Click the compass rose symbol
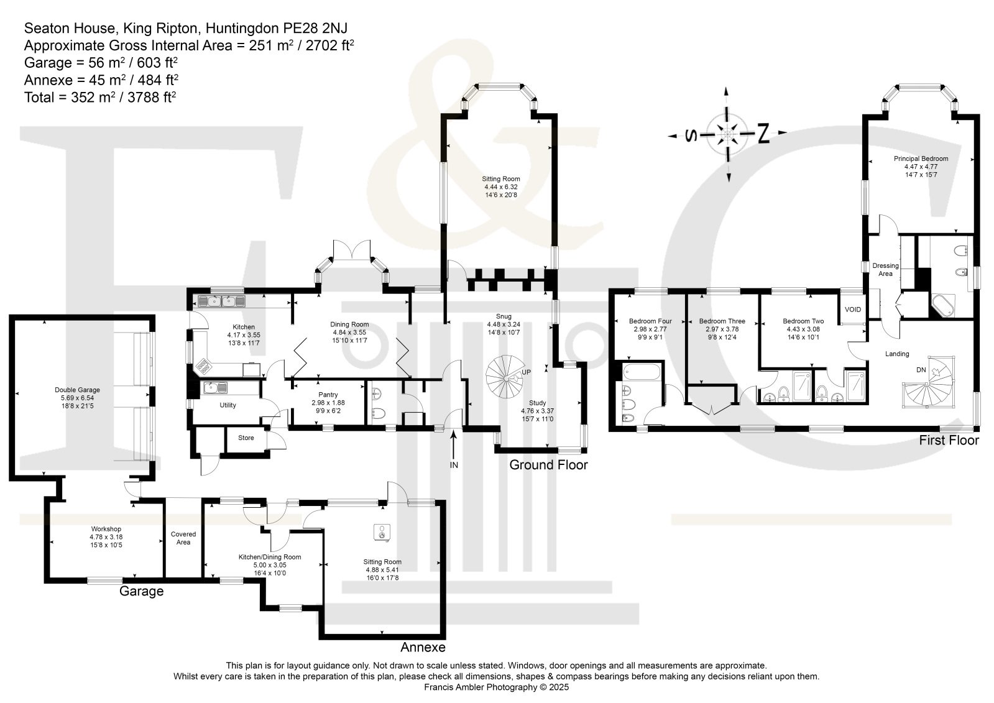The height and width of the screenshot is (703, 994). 726,134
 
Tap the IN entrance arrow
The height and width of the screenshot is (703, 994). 454,446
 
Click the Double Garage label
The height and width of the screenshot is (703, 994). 77,390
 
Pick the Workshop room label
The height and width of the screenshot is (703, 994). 106,529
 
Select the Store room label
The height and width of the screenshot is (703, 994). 246,438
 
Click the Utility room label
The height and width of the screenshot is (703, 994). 228,405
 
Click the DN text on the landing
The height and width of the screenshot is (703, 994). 921,370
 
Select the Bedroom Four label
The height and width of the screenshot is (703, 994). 650,321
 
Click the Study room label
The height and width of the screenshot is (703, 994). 538,403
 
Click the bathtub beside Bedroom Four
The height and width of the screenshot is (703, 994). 643,374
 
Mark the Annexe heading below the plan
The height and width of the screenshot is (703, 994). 423,647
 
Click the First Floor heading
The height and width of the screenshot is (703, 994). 949,440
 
